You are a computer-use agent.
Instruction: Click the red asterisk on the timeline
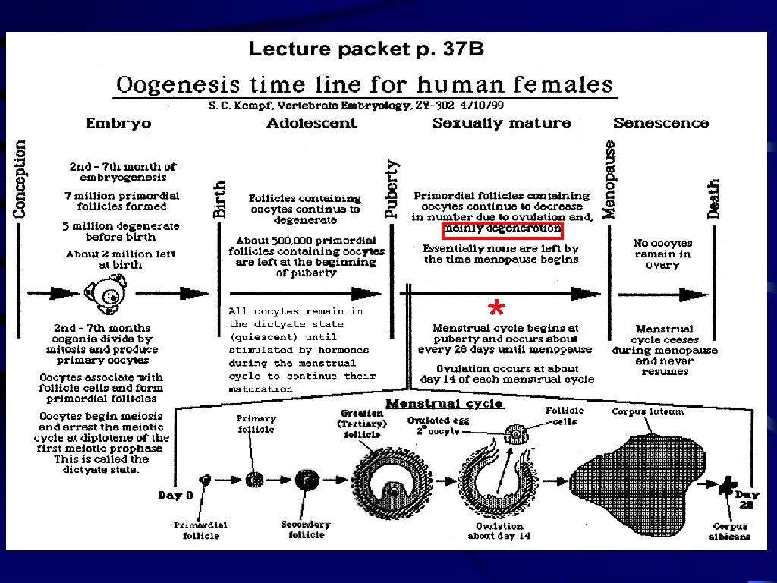coord(495,309)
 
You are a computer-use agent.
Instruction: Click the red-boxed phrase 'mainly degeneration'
coord(502,228)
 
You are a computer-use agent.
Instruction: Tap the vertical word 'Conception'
coord(20,178)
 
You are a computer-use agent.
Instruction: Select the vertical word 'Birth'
coord(219,199)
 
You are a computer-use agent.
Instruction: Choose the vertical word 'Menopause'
coord(609,179)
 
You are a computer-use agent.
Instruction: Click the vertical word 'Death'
coord(714,199)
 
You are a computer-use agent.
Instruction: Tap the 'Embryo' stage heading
coord(118,123)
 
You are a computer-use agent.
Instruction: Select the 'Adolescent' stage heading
coord(311,123)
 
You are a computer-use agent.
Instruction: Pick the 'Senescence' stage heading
coord(661,123)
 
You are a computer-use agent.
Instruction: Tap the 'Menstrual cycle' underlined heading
coord(445,403)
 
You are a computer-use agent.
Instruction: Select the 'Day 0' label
coord(175,496)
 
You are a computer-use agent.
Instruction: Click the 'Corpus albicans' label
coord(731,531)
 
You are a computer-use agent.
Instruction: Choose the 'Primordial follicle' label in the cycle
coord(200,530)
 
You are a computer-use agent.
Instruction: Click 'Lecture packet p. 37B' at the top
coord(366,50)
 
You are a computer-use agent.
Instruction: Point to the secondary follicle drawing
coord(307,480)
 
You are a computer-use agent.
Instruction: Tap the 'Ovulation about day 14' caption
coord(499,531)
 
